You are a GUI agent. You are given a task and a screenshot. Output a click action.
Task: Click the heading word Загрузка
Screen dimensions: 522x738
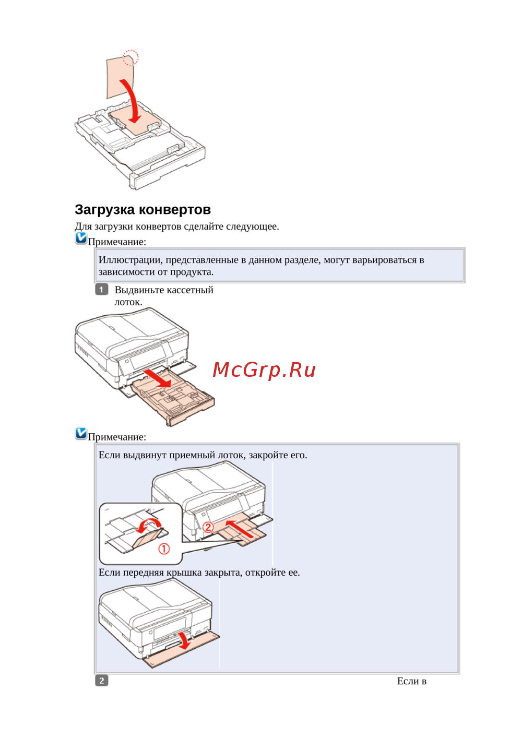click(105, 210)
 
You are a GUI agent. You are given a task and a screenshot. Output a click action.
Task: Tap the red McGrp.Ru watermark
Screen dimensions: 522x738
click(264, 370)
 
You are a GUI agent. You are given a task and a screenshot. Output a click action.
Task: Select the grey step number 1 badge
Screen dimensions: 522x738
click(101, 290)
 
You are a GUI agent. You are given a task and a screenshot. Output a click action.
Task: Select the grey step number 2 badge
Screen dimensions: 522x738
click(101, 681)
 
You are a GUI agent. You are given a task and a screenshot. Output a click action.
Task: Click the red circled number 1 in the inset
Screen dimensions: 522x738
click(164, 549)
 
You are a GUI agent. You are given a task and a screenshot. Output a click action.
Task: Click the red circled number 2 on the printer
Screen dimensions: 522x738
click(208, 527)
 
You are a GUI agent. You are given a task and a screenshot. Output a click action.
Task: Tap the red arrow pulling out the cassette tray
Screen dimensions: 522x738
click(158, 378)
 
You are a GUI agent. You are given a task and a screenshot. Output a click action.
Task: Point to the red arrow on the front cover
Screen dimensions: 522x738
click(185, 640)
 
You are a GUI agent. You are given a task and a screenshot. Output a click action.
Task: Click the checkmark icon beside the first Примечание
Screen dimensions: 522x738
click(81, 238)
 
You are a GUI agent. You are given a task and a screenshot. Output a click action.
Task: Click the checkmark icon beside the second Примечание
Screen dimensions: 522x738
click(81, 433)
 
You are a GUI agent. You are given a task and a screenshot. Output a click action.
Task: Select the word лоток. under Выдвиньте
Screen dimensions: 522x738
click(128, 302)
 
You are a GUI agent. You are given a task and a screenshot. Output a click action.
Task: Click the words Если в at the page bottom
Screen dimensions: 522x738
click(412, 681)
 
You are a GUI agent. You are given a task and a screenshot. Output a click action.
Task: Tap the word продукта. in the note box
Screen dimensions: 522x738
click(192, 272)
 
